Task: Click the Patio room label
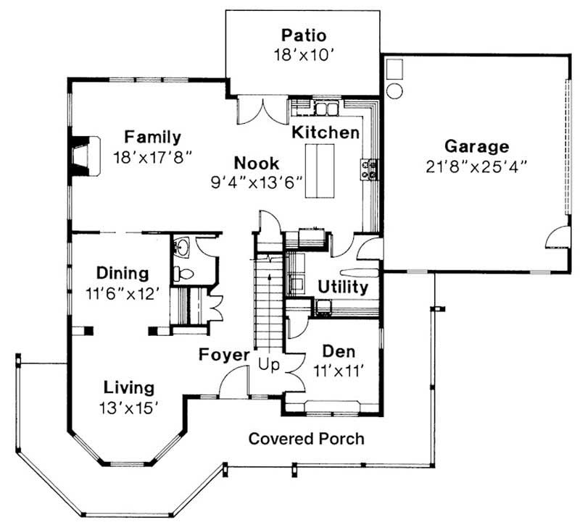304,35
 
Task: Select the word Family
152,136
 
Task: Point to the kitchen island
320,170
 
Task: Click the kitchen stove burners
368,169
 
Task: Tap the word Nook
256,163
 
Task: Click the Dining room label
123,274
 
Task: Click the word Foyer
225,356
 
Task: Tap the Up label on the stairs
269,365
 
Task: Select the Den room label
339,352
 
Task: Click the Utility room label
343,287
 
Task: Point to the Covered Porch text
306,439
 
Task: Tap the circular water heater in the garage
395,91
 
